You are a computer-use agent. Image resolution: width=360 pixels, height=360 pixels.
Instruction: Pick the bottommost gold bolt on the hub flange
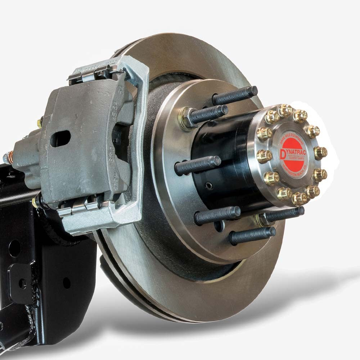(x=300, y=198)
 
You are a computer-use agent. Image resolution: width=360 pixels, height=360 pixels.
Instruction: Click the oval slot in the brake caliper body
(x=60, y=139)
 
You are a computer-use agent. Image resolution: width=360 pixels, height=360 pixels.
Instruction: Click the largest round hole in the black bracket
(x=15, y=248)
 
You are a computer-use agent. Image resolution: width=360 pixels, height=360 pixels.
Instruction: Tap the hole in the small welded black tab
(x=22, y=284)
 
